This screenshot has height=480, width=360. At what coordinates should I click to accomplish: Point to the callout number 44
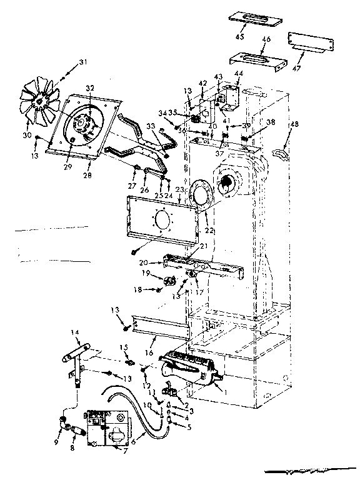[238, 74]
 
